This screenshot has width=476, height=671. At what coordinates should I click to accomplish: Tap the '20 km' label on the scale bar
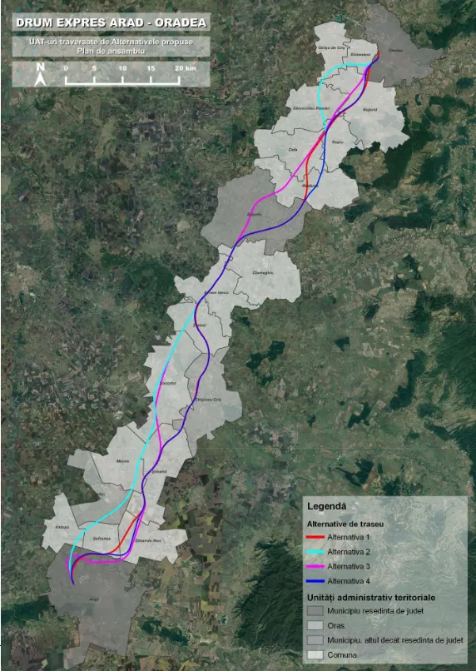coord(186,67)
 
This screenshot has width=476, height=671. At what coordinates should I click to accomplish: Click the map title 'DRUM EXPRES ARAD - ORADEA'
coord(111,22)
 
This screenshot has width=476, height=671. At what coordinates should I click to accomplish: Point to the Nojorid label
coord(370,108)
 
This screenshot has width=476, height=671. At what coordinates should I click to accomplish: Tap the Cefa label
coord(292,149)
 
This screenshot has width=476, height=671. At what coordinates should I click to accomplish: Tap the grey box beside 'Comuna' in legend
coord(315,656)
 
